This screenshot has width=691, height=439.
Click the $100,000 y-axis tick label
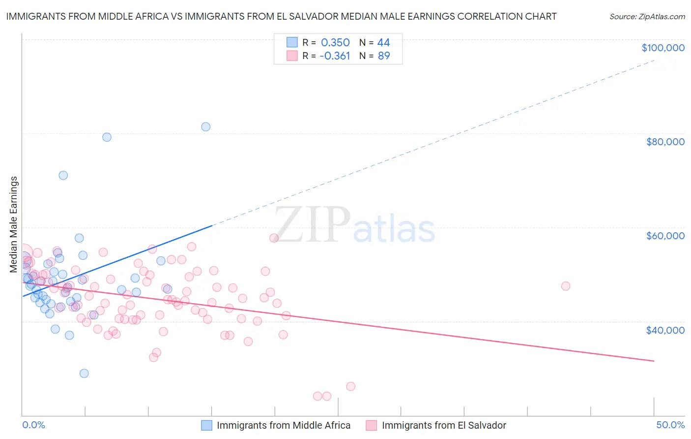pyautogui.click(x=662, y=48)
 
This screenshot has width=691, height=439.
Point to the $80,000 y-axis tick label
pyautogui.click(x=665, y=142)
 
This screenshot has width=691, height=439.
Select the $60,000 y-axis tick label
pyautogui.click(x=665, y=236)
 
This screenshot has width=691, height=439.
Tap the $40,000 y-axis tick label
pyautogui.click(x=665, y=330)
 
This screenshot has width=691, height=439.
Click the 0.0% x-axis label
pyautogui.click(x=33, y=425)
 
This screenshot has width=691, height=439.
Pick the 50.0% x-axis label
pyautogui.click(x=670, y=425)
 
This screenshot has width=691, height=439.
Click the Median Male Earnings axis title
pyautogui.click(x=14, y=224)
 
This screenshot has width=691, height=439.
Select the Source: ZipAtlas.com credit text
pyautogui.click(x=647, y=16)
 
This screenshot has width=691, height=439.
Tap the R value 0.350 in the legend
pyautogui.click(x=335, y=43)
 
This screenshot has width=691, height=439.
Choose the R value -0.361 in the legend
pyautogui.click(x=335, y=56)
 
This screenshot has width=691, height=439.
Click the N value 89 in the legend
pyautogui.click(x=384, y=56)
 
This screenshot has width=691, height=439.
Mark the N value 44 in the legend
pyautogui.click(x=383, y=43)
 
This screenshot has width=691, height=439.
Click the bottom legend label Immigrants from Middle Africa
pyautogui.click(x=284, y=425)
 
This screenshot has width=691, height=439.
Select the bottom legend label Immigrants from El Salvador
pyautogui.click(x=444, y=425)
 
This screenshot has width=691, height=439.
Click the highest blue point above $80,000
pyautogui.click(x=206, y=127)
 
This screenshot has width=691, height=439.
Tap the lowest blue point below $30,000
pyautogui.click(x=84, y=374)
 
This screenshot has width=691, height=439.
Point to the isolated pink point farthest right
pyautogui.click(x=566, y=286)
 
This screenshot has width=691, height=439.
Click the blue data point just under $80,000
pyautogui.click(x=107, y=137)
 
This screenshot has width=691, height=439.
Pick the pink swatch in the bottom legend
pyautogui.click(x=371, y=425)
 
